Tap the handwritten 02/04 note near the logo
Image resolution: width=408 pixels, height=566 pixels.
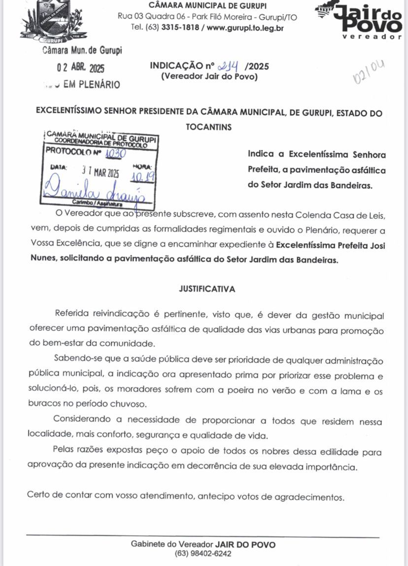369,72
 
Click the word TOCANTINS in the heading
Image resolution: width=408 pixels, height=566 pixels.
208,127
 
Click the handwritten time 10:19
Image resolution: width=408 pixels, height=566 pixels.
142,175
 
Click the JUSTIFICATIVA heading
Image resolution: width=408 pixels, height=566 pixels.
207,289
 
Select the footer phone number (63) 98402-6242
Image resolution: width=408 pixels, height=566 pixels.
203,553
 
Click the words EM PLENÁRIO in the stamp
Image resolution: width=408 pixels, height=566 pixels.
92,85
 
